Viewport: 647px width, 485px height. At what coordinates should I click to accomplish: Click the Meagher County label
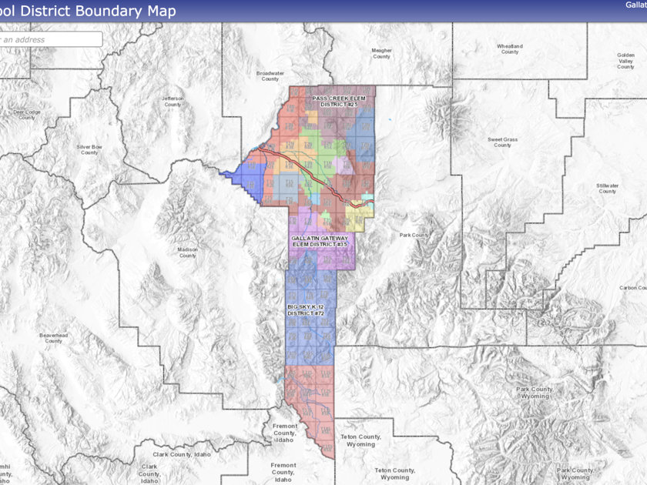click(382, 53)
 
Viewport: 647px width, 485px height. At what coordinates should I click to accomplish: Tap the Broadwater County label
click(270, 75)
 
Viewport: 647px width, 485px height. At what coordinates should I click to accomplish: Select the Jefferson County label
click(173, 102)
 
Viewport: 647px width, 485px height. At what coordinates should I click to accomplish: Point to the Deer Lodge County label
click(26, 115)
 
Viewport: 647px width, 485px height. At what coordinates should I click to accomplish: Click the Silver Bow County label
click(89, 149)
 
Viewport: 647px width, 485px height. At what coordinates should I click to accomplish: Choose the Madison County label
click(187, 253)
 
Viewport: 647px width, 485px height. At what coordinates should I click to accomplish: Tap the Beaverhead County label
click(53, 339)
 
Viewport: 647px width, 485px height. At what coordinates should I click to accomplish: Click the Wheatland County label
click(509, 49)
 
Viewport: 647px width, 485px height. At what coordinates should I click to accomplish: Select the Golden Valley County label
click(625, 61)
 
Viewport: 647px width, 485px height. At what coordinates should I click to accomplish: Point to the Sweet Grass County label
click(502, 142)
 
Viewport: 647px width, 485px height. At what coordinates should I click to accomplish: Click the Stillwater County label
click(607, 189)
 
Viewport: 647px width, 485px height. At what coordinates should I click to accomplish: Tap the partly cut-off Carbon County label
click(632, 288)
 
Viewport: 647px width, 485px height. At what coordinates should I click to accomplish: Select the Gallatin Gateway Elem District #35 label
click(320, 241)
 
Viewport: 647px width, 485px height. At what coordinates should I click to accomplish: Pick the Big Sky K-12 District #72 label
click(306, 310)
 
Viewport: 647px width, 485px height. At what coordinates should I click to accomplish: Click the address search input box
click(51, 39)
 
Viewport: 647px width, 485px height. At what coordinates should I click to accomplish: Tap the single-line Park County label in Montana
click(414, 235)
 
